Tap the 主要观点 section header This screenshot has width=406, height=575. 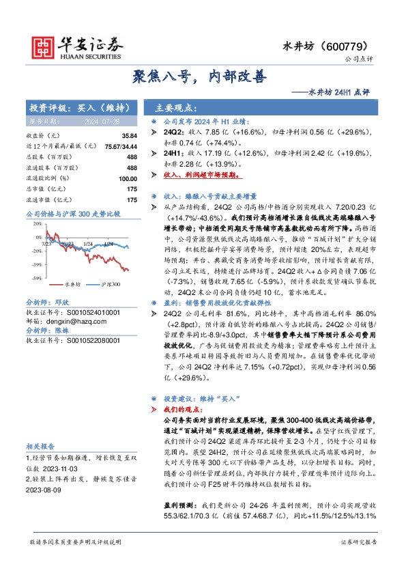[175, 108]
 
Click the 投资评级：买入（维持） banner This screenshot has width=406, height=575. [76, 108]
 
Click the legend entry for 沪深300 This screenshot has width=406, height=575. [110, 283]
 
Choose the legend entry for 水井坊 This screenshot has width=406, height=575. [73, 283]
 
